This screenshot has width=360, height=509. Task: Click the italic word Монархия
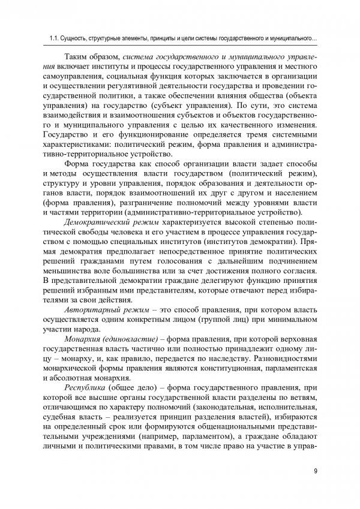[x=82, y=340]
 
